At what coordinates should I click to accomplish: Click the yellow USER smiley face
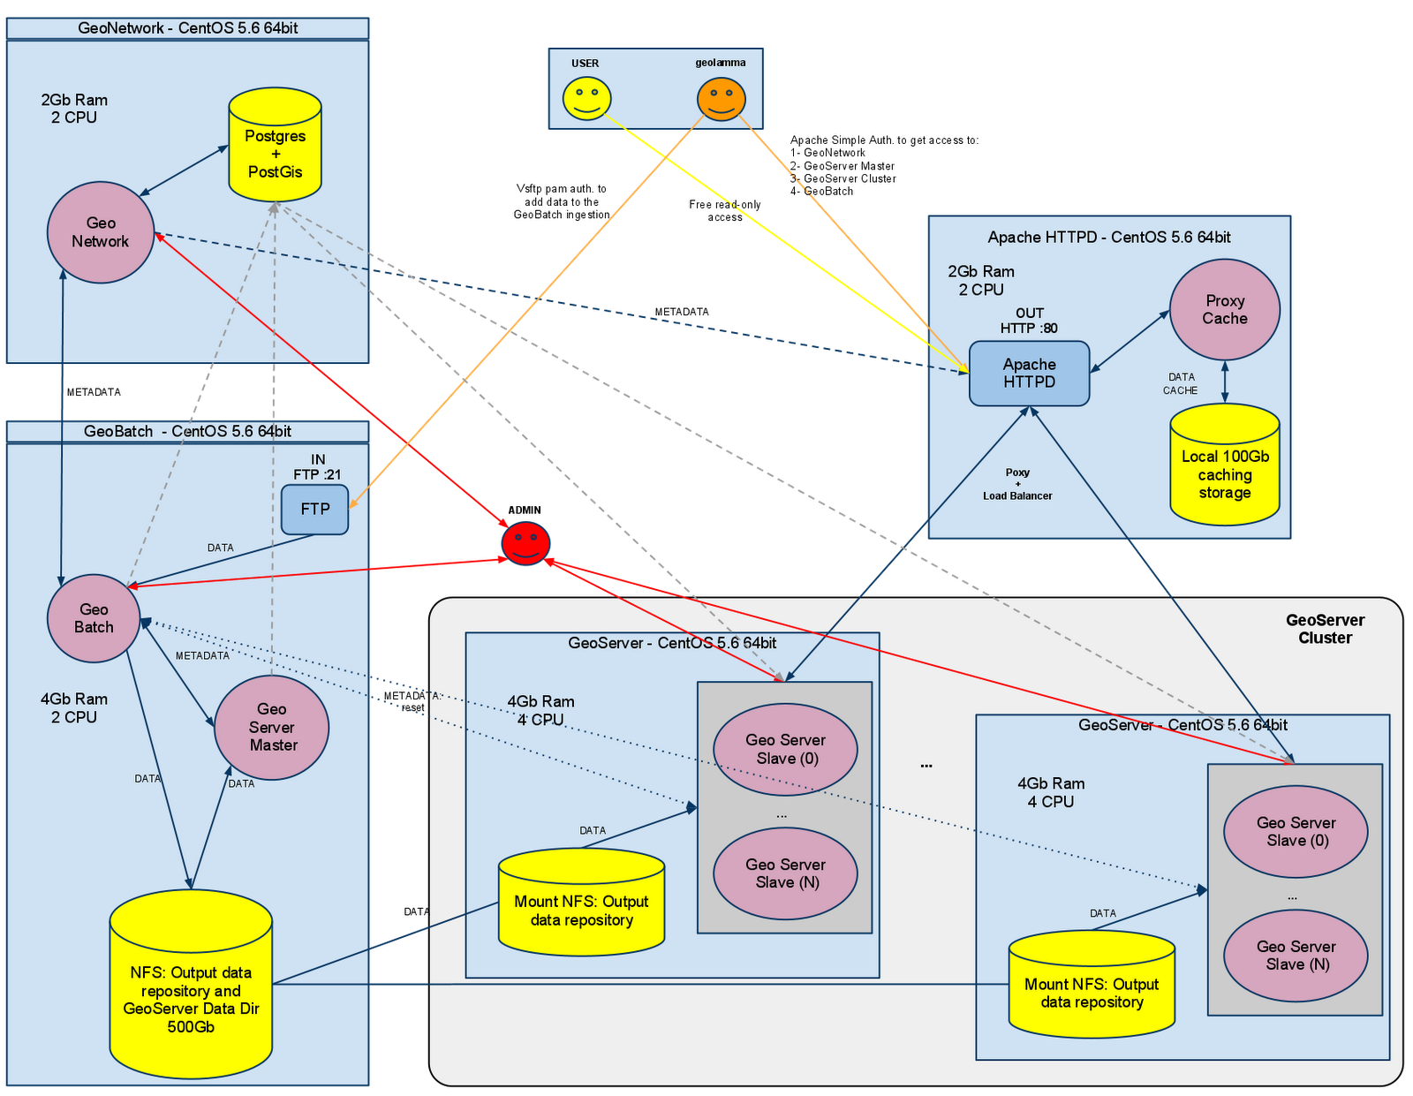coord(586,98)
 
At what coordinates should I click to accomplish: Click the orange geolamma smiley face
coord(721,98)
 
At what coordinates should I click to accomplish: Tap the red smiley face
coord(526,542)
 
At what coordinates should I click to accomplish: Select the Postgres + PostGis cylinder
coord(275,146)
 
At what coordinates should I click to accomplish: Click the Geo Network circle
coord(101,232)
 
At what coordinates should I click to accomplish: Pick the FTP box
coord(314,510)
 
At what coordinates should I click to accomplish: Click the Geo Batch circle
coord(94,618)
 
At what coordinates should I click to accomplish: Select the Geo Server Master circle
coord(272,727)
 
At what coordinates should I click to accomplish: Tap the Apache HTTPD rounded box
coord(1029,374)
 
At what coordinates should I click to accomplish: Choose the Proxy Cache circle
coord(1224,309)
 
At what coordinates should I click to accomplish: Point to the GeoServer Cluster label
coord(1325,629)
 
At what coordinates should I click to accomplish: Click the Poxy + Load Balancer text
coord(1017,484)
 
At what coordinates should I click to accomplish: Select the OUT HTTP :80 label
coord(1029,321)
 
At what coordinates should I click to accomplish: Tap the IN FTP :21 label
coord(317,466)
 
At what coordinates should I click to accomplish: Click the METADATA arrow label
coord(202,656)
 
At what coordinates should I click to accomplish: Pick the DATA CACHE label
coord(1181,383)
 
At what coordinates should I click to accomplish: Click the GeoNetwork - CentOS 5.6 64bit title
coord(187,28)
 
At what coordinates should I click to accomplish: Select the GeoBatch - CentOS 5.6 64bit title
coord(187,432)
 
